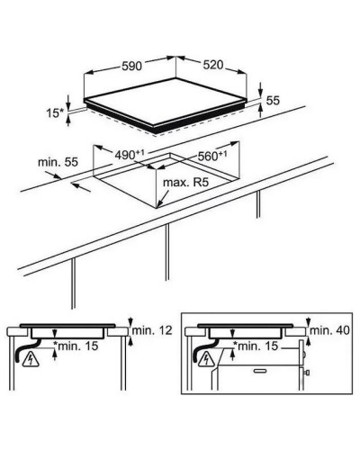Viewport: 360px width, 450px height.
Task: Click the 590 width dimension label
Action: click(x=131, y=66)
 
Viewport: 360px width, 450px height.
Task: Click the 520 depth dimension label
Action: click(x=213, y=65)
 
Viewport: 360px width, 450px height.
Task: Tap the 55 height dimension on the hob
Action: click(x=273, y=101)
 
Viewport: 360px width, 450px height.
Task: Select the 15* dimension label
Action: click(x=55, y=113)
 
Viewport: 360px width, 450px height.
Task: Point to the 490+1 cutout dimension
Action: click(x=130, y=155)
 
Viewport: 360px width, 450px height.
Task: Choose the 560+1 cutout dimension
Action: click(x=212, y=156)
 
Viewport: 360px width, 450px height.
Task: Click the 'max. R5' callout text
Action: click(x=185, y=182)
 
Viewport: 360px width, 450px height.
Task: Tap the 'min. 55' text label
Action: click(x=58, y=162)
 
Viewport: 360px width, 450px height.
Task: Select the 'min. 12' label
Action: click(x=152, y=330)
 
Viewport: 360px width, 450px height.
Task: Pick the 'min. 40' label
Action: click(x=329, y=330)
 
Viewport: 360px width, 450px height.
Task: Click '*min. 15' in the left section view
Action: click(x=76, y=346)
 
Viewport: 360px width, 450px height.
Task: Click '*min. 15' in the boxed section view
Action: click(x=256, y=346)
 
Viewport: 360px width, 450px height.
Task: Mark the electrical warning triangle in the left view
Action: click(x=31, y=360)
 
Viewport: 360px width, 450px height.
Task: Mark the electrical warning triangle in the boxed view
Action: click(x=207, y=359)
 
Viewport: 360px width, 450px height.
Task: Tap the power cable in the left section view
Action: click(x=24, y=350)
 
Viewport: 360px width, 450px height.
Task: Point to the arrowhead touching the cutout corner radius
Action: click(x=159, y=204)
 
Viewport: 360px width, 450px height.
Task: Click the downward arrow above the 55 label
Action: click(x=260, y=89)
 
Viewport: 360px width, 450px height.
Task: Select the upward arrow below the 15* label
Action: click(x=68, y=121)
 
